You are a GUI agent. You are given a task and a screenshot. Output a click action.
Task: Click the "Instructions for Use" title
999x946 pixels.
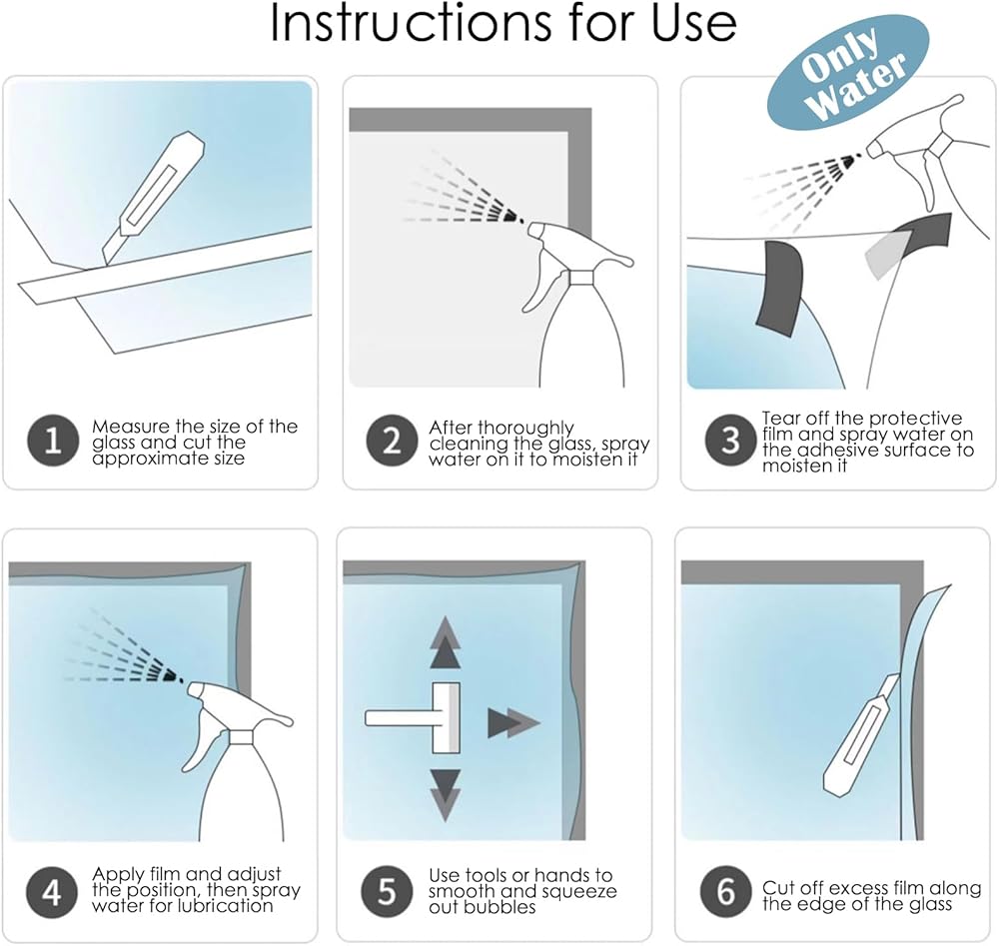[503, 23]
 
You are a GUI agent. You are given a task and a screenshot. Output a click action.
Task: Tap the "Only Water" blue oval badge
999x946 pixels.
[848, 72]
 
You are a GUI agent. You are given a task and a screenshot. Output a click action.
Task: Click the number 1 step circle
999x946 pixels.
[53, 441]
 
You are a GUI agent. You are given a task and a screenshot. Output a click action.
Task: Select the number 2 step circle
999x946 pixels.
[392, 441]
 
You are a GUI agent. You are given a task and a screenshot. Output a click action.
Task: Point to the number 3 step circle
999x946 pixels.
[731, 441]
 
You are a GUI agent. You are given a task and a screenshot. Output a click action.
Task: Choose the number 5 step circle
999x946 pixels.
[387, 891]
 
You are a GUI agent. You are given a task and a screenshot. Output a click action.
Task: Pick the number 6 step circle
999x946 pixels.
[725, 891]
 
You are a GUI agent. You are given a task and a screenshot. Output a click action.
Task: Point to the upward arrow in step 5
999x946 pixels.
[446, 642]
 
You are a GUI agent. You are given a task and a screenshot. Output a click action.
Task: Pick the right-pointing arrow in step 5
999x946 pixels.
[513, 723]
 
